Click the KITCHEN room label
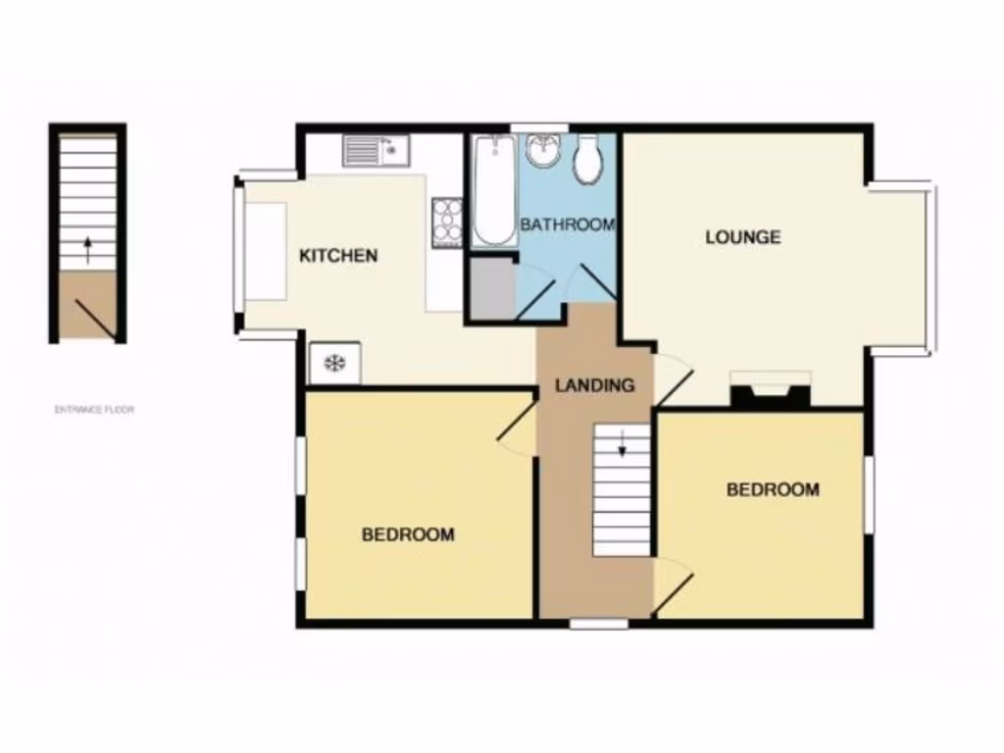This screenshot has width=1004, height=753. click(x=337, y=256)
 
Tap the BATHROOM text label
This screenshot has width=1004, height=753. click(x=568, y=225)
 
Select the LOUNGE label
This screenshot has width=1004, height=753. click(x=743, y=236)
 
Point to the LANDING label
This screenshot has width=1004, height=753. click(x=594, y=385)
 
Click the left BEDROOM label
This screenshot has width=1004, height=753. click(x=408, y=534)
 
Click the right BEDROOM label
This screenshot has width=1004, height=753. click(x=773, y=489)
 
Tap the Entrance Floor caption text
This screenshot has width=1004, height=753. click(x=94, y=410)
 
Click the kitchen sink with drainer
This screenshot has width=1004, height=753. click(x=376, y=151)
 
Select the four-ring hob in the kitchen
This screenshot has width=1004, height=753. click(x=448, y=221)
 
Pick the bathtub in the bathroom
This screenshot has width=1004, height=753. click(x=493, y=190)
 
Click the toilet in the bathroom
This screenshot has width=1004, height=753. click(x=587, y=159)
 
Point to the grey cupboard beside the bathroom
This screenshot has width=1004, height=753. click(x=492, y=289)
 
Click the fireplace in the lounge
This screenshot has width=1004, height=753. click(x=772, y=389)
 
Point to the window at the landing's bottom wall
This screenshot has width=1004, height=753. click(x=599, y=623)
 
